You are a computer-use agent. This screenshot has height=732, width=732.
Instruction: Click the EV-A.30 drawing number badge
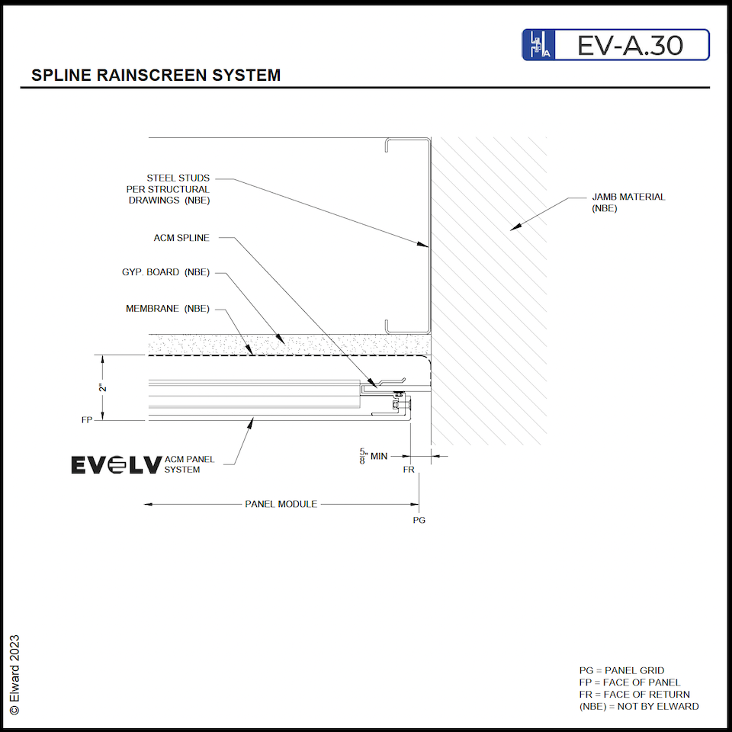pos(615,45)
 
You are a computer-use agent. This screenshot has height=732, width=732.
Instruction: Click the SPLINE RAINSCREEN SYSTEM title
pos(156,75)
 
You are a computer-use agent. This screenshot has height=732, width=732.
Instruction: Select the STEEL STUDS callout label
pos(168,189)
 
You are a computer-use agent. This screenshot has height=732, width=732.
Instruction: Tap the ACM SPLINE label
pos(181,238)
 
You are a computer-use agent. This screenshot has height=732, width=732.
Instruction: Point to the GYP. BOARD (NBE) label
pos(165,272)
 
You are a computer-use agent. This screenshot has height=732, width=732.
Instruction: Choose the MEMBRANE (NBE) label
pos(167,309)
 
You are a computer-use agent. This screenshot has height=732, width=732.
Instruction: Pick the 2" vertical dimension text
pos(103,387)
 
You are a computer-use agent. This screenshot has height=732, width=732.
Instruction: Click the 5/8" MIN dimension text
pos(374,457)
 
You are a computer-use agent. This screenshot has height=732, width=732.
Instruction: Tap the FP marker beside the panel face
pos(87,420)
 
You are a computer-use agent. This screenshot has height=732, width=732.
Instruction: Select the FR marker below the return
pos(409,470)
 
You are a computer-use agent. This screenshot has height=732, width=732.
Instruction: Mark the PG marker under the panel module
pos(419,520)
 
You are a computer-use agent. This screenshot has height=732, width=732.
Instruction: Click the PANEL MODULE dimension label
pos(281,504)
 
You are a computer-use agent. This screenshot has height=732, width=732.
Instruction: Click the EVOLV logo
pos(116,464)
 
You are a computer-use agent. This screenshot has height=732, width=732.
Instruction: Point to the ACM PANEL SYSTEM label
pos(189,464)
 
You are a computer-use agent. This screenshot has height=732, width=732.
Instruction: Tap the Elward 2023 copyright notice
pos(14,674)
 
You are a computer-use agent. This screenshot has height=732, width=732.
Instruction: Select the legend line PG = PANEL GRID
pos(621,671)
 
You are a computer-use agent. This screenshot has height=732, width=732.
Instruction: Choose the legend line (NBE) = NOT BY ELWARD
pos(639,706)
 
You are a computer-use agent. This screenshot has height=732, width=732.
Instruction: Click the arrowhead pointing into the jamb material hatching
pos(515,226)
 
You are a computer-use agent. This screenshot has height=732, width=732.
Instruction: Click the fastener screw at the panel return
pos(398,395)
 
